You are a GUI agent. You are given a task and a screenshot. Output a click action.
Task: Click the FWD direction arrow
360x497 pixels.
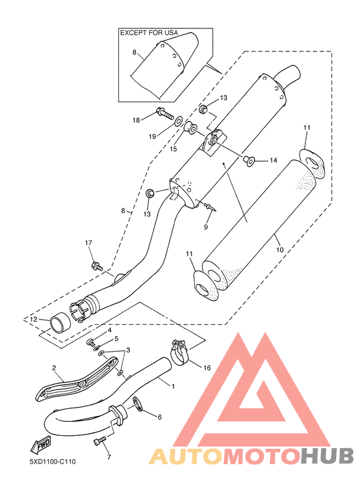pos(40,446)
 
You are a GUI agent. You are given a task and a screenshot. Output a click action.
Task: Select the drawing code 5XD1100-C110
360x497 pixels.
pos(53,462)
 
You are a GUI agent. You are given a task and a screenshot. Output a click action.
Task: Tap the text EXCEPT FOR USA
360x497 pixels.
pos(149,33)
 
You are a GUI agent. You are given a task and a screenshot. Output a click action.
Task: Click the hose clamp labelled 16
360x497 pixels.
pos(179,353)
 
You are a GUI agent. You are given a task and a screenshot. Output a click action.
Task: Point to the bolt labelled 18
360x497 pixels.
pos(166,114)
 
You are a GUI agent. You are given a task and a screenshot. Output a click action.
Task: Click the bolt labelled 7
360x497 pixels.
pos(100,441)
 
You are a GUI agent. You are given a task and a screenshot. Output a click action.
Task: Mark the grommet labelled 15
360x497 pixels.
pos(190,128)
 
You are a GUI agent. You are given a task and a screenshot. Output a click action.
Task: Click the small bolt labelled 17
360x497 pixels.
pos(97,266)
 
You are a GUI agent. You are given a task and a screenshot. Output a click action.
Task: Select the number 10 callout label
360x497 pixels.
pos(280,249)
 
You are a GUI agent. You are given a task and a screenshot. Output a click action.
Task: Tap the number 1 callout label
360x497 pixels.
pos(173,386)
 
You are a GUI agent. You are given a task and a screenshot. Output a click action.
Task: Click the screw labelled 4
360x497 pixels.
pos(91,343)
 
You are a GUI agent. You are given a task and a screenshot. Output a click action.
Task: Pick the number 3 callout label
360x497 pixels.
pos(128,350)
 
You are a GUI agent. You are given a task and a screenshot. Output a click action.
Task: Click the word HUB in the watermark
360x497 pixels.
pos(327,456)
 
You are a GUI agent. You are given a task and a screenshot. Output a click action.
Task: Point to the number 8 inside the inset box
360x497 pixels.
pos(134,52)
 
